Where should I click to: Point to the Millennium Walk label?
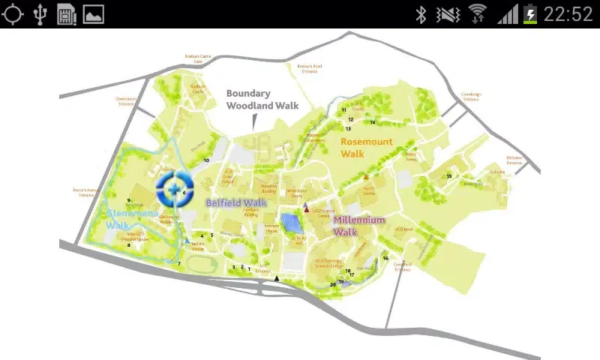pos(359,226)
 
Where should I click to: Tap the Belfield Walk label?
pos(236,202)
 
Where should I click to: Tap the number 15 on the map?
pos(449,176)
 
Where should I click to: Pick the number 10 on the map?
pos(206,160)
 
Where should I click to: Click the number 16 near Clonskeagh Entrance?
pos(385,258)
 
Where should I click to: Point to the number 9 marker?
pos(129,200)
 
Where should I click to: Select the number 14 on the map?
pos(372,122)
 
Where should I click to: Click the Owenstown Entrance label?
pos(125,100)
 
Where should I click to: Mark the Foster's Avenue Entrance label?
pos(86,192)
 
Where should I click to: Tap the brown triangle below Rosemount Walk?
pos(366,178)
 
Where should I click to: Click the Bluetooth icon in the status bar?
pos(421,13)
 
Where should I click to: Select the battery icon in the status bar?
pos(531,13)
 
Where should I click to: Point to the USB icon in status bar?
pos(39,13)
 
